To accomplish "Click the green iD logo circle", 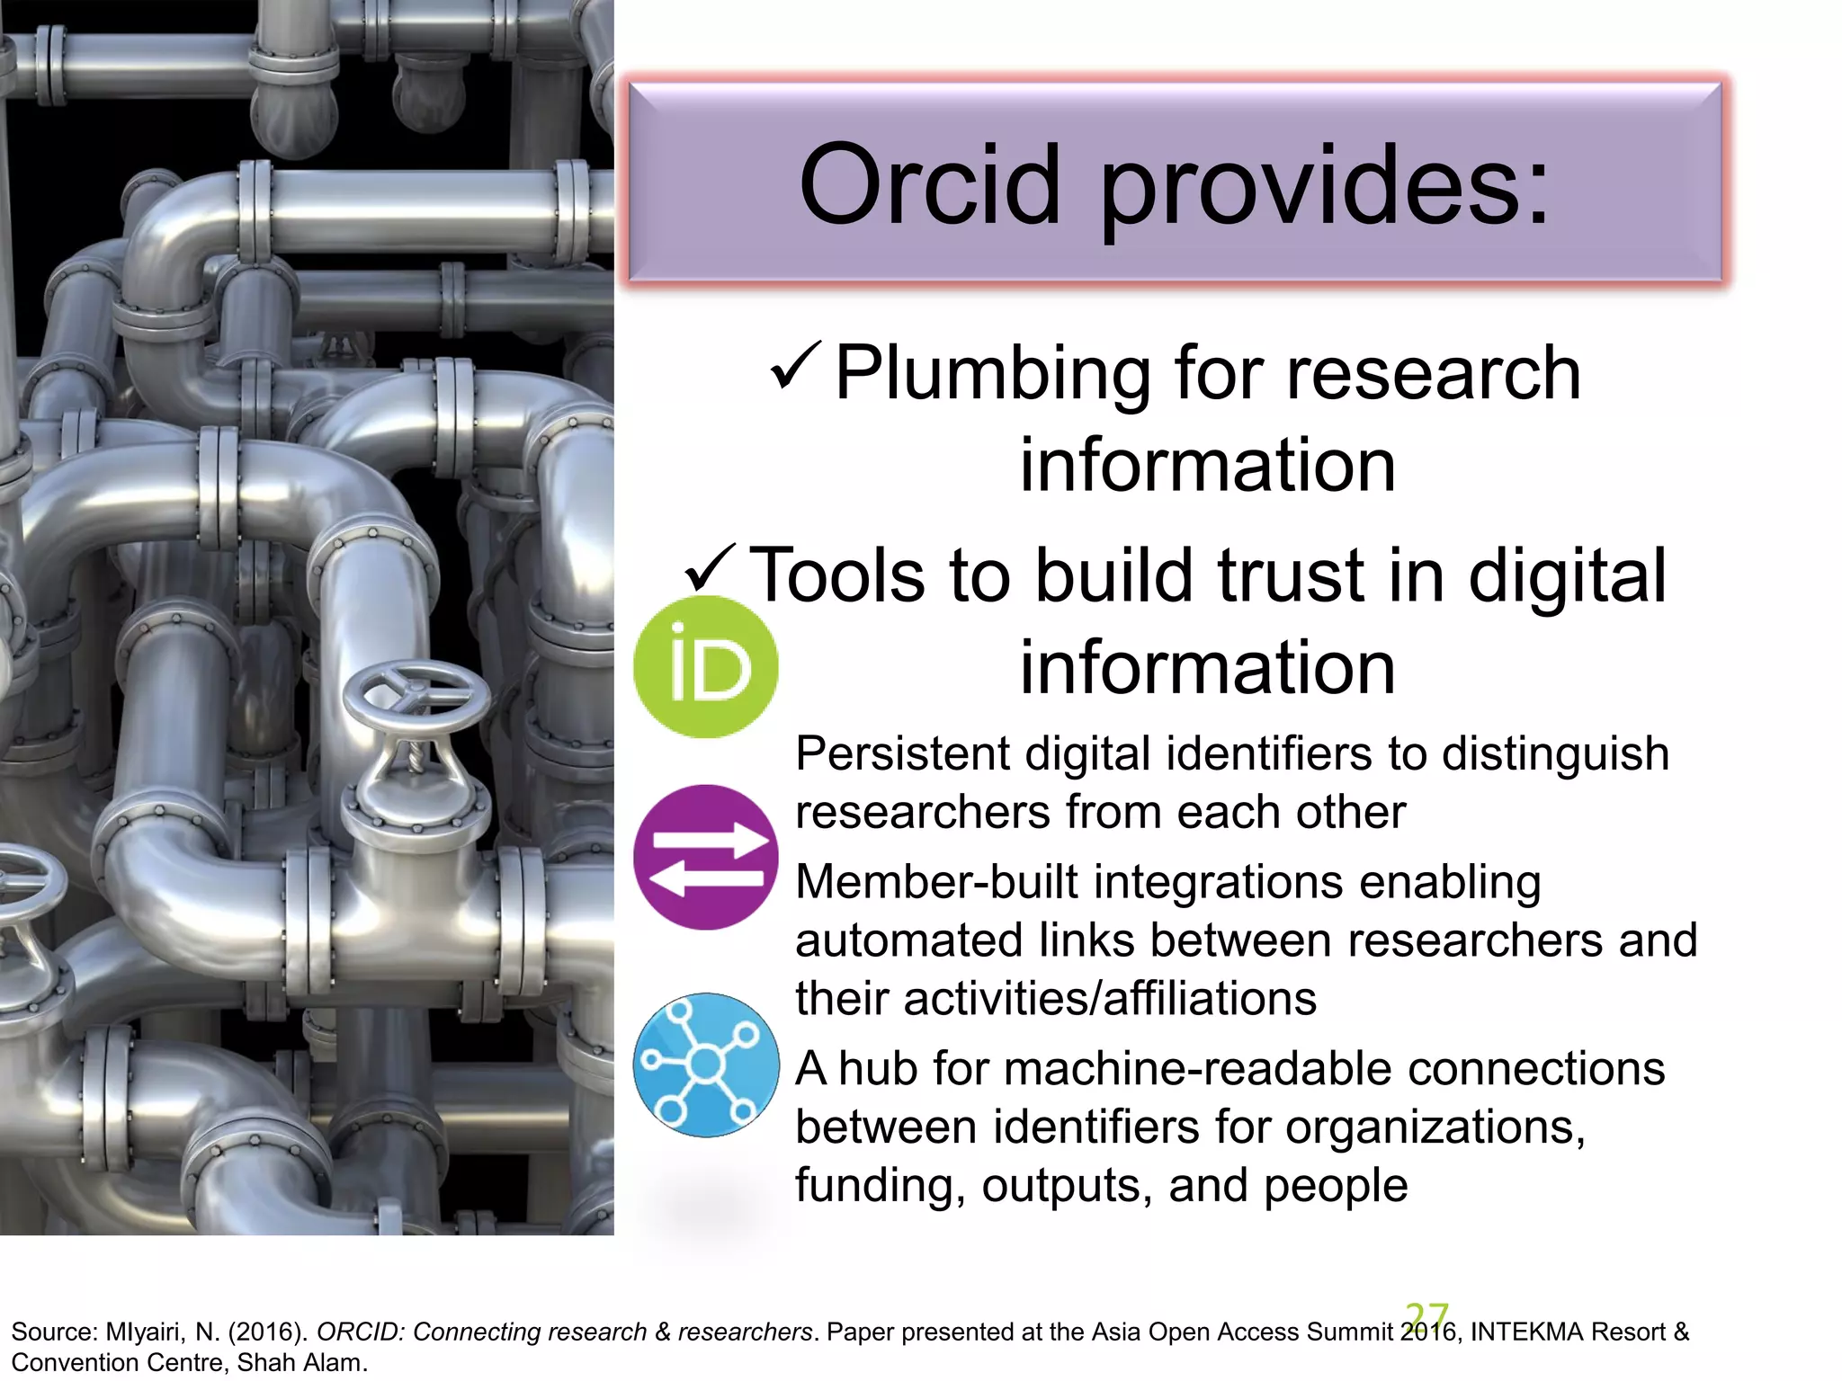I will coord(705,667).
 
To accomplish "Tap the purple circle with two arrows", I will coord(705,857).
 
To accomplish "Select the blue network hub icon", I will coord(706,1065).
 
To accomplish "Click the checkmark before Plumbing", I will coord(795,366).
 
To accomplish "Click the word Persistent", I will coord(901,753).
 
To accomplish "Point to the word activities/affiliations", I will coord(1110,999).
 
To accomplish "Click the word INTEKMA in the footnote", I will coord(1517,1332).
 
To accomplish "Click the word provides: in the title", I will coord(1325,187).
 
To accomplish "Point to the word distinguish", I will coord(1555,753).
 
